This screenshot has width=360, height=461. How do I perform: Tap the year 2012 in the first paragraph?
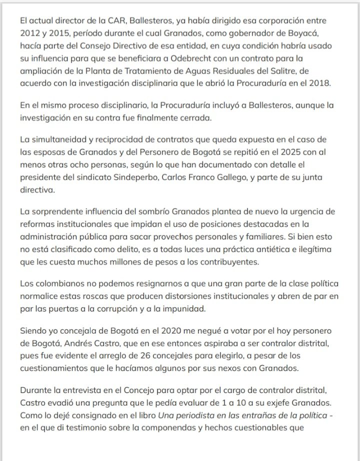tap(30, 33)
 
